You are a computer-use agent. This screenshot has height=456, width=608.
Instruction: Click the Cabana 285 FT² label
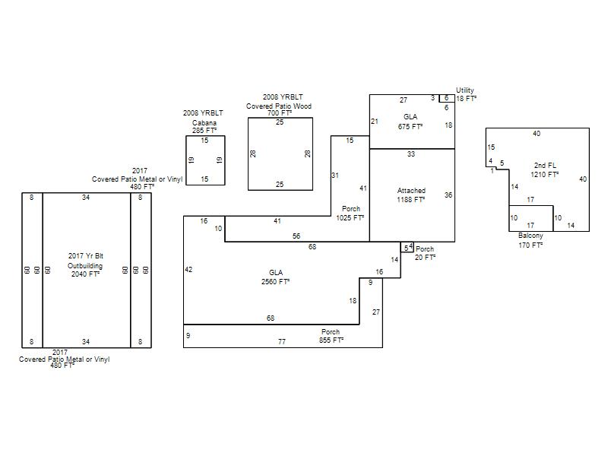pos(204,127)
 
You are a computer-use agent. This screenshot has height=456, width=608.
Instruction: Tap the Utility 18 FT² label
pos(466,94)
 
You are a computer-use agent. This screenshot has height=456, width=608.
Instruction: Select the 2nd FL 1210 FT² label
pos(545,169)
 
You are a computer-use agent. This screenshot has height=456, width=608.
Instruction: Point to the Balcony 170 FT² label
pos(530,240)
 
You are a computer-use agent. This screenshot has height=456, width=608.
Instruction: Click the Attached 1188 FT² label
pos(411,195)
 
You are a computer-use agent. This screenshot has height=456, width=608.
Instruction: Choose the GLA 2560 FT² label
pos(275,277)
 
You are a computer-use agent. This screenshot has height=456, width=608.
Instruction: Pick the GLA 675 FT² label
pos(410,122)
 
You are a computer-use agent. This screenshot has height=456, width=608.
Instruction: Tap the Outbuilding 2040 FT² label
pos(85,270)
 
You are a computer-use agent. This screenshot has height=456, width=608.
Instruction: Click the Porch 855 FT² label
pos(331,336)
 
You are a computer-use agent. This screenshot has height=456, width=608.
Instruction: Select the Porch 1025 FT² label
pos(350,214)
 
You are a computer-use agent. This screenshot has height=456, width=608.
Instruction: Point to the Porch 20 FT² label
pos(425,253)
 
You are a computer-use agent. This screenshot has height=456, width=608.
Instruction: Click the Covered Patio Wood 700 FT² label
pos(279,109)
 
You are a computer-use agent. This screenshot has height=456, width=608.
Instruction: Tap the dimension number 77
pos(282,341)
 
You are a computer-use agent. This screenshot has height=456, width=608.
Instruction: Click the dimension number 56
pos(296,236)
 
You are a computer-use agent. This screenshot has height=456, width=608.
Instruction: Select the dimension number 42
pos(188,270)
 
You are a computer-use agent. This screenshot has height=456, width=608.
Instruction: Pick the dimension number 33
pos(411,154)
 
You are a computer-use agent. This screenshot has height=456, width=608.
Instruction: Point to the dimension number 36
pos(448,195)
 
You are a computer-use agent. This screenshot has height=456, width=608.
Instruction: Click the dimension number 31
pos(335,176)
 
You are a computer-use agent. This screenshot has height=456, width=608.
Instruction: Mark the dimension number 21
pos(374,122)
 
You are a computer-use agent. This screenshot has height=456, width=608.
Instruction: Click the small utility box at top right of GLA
pos(447,99)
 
